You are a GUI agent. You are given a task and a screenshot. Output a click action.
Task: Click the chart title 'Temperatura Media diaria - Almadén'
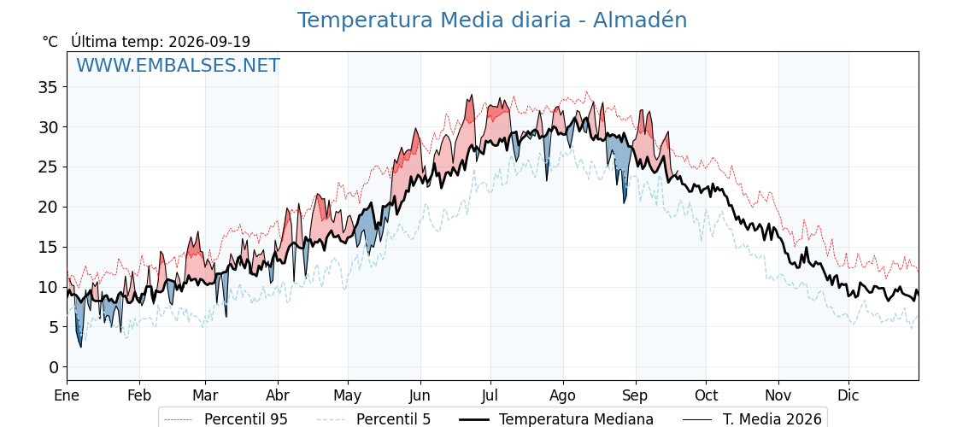(492, 20)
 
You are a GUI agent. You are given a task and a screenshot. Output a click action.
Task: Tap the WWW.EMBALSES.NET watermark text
(178, 65)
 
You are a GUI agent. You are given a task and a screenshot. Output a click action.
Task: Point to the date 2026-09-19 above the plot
(209, 42)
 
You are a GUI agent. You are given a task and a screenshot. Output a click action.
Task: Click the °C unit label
(50, 42)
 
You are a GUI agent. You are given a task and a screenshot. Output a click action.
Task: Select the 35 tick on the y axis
(47, 87)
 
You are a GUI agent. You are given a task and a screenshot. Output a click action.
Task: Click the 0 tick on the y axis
(53, 367)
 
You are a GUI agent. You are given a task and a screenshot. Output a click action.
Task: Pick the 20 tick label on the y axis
(47, 208)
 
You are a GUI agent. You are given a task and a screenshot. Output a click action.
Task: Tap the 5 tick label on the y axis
(53, 328)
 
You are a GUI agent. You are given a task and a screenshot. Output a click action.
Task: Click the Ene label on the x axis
(67, 395)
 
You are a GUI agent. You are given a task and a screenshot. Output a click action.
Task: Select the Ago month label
(563, 395)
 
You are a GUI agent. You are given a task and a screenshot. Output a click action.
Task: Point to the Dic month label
(848, 395)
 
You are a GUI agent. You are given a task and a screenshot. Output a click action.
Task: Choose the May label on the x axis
(348, 395)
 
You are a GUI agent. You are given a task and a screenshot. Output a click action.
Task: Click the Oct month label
(706, 395)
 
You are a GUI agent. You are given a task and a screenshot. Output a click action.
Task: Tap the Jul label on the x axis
(490, 395)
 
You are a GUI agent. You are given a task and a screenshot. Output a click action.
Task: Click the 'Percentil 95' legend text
(246, 419)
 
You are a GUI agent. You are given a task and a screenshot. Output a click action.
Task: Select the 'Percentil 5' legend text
(394, 419)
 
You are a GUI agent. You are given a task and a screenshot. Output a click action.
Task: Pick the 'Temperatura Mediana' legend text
(576, 419)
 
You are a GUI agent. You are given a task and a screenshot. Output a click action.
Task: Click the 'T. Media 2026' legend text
(772, 419)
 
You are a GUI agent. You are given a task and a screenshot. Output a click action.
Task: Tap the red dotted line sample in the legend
(179, 419)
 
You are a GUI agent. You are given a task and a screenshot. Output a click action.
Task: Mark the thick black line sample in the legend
(473, 419)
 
